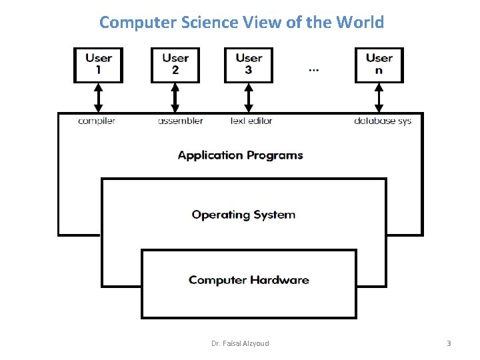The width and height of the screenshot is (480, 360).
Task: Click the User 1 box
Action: click(98, 65)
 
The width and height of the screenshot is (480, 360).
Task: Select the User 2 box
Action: click(175, 65)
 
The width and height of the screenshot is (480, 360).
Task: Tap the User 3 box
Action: click(249, 65)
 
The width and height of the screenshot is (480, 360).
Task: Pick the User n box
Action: click(379, 65)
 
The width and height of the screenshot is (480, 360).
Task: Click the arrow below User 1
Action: click(99, 97)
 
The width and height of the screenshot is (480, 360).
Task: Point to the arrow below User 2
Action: click(175, 97)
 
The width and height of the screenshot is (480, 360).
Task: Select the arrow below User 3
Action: click(249, 97)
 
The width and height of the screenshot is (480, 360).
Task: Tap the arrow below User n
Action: click(379, 97)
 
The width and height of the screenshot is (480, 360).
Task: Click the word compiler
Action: click(97, 121)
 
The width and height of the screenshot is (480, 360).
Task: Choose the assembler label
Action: click(180, 121)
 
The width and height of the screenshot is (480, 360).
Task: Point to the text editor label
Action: click(251, 121)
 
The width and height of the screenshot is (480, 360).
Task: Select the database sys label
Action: click(383, 121)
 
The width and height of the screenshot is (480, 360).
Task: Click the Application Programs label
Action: click(240, 155)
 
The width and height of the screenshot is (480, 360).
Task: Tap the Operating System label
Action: click(243, 215)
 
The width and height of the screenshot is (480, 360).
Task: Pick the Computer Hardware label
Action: click(249, 280)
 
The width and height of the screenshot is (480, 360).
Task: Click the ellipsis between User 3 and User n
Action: click(314, 69)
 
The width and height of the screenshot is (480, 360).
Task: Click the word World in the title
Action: click(360, 22)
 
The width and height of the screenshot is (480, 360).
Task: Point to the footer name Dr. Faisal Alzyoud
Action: click(240, 343)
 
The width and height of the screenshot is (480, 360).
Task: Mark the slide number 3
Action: click(449, 343)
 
